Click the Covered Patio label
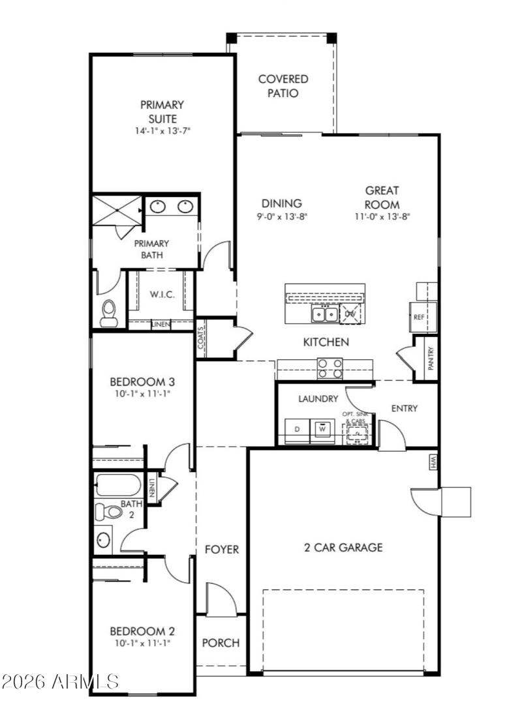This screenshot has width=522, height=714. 283,86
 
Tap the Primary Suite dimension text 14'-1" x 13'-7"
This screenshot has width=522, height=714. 162,130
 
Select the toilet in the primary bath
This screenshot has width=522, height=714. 109,312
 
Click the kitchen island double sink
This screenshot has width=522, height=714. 324,314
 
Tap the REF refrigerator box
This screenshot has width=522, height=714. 419,317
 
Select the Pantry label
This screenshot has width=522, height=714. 430,358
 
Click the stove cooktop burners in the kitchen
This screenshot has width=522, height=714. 330,368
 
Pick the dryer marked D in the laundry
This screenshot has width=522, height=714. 297,429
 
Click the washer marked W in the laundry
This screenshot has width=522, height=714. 322,429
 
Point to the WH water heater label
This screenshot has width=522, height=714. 433,462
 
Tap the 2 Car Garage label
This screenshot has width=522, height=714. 343,548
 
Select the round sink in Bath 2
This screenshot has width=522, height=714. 104,539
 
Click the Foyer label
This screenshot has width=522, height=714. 222,550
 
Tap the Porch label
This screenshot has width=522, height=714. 221,643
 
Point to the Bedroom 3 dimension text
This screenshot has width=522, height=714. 142,394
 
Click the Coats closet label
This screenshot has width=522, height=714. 202,338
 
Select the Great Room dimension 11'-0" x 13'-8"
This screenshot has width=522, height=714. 382,216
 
